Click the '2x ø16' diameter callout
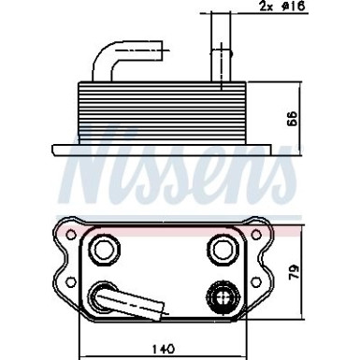284,7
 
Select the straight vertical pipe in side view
219,47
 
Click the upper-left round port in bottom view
100,250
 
